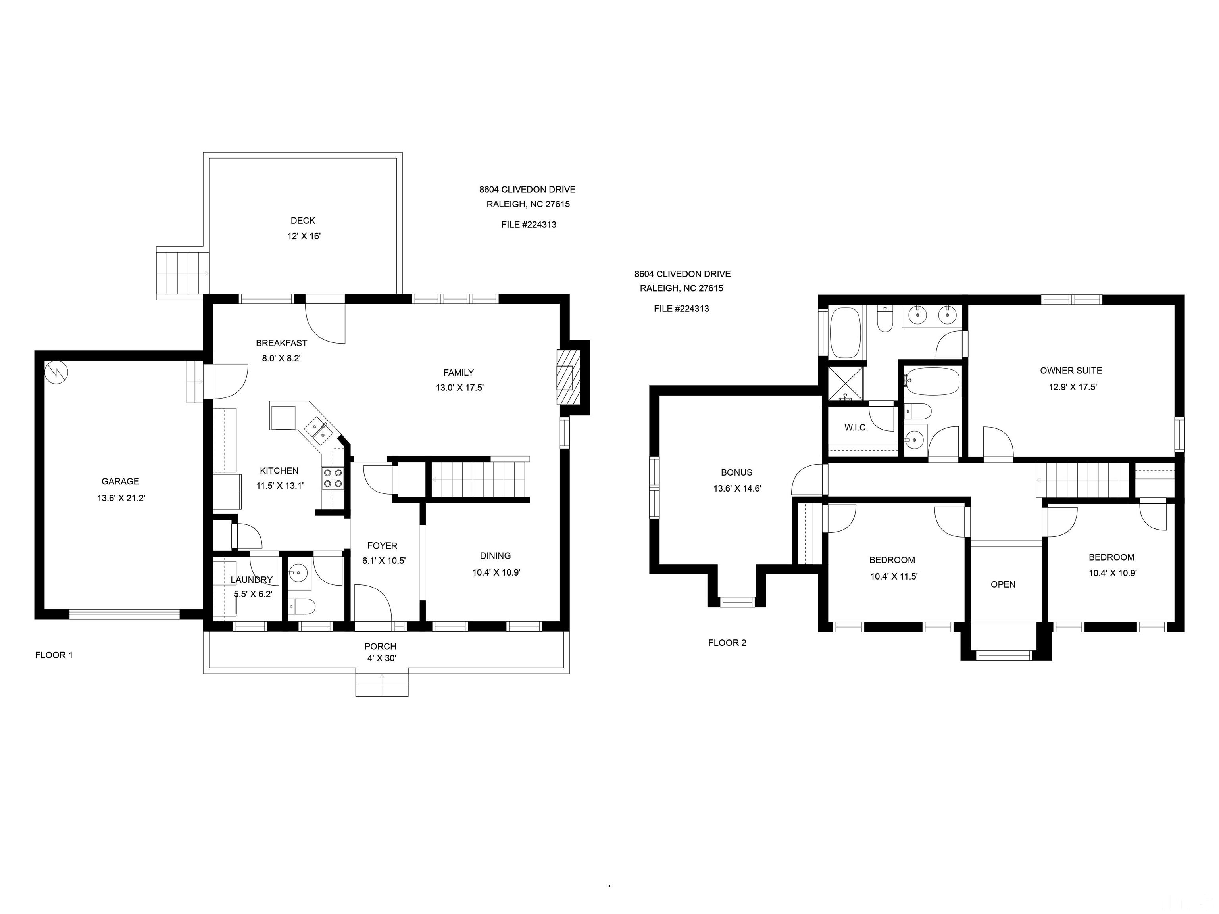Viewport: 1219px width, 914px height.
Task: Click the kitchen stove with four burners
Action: click(333, 478)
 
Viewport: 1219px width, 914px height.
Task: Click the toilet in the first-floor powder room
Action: click(302, 607)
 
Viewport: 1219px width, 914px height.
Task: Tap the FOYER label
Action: click(382, 545)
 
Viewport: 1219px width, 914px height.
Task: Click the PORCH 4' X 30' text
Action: click(381, 652)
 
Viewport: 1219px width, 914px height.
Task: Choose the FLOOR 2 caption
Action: click(727, 642)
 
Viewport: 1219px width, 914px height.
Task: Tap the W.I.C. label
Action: click(856, 428)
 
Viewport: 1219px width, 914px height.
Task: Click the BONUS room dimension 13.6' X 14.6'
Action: click(737, 488)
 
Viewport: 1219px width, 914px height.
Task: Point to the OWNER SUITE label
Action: click(1071, 370)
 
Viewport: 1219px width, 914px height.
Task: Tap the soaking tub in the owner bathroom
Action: click(845, 332)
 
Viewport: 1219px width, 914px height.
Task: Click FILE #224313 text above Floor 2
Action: click(681, 309)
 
